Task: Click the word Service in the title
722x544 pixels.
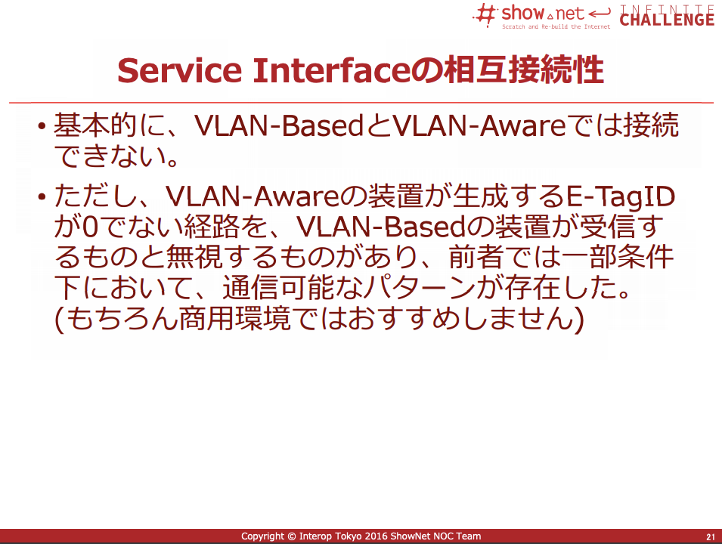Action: (x=180, y=70)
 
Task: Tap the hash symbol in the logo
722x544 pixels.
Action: (x=485, y=14)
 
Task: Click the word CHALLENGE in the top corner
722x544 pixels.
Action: (x=667, y=20)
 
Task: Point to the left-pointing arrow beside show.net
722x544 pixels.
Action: (x=600, y=13)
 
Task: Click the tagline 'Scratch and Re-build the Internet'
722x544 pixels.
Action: (x=556, y=26)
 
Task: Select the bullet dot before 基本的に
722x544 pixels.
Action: (x=42, y=126)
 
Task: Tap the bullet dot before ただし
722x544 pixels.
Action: (x=42, y=197)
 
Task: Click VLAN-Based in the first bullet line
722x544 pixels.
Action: (x=280, y=125)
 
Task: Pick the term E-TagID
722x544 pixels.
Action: (x=620, y=197)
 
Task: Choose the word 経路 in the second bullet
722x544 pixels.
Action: (x=212, y=227)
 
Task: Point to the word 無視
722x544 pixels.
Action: (x=194, y=257)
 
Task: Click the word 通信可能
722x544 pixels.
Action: (x=278, y=288)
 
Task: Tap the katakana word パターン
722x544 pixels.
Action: (x=420, y=288)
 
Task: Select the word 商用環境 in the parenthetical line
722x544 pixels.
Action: (x=235, y=319)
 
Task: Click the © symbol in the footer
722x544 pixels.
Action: (x=292, y=536)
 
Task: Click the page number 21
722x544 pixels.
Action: (x=711, y=536)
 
